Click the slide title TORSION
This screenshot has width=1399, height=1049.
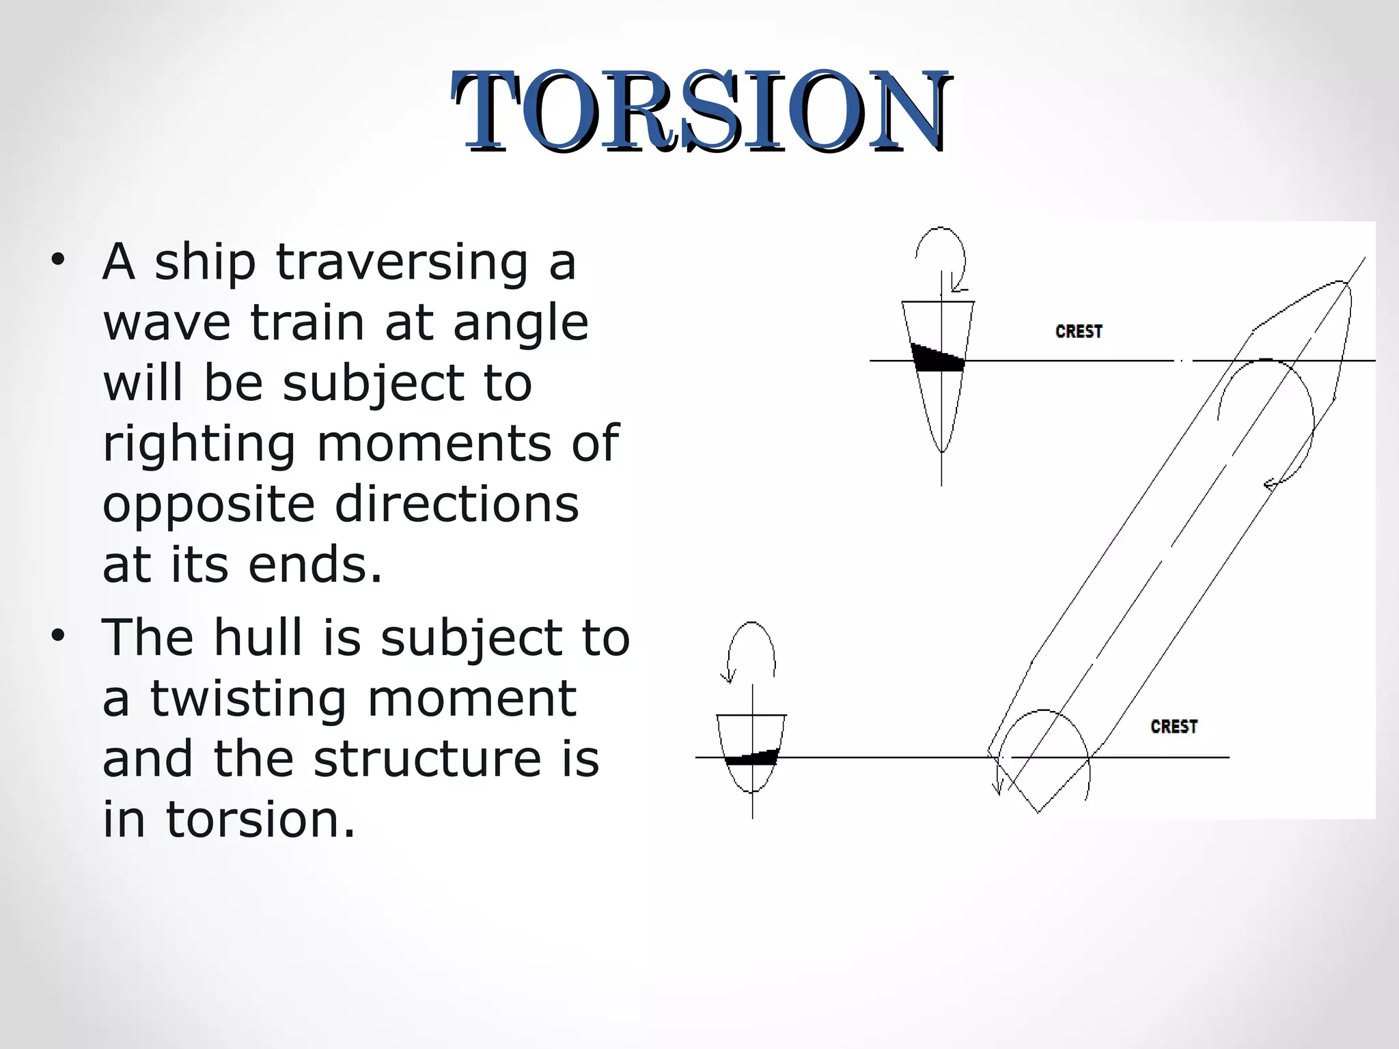tap(701, 111)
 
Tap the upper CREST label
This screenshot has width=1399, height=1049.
tap(1079, 332)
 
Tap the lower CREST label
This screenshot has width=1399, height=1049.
tap(1174, 727)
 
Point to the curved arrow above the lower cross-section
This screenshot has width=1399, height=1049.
tap(751, 649)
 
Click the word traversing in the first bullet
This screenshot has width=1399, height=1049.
tap(402, 262)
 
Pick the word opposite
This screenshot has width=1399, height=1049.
tap(209, 505)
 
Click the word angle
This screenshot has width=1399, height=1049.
tap(521, 322)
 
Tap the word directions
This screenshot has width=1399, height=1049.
tap(456, 505)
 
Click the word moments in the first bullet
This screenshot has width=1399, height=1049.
tap(434, 445)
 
